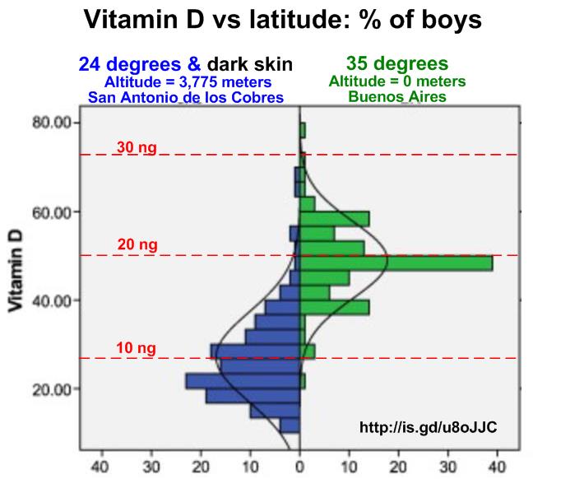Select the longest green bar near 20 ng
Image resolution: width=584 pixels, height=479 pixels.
coord(396,263)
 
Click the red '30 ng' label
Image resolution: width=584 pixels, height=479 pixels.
coord(136,148)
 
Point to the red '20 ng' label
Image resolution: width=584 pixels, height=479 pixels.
coord(136,244)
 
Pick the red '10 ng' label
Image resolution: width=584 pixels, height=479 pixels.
coord(136,347)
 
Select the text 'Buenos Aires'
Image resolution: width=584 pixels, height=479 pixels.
coord(397,96)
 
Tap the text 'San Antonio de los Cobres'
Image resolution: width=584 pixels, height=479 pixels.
coord(185,97)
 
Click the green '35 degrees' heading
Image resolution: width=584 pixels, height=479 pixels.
coord(397,63)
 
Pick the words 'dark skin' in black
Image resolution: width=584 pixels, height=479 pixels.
coord(250,64)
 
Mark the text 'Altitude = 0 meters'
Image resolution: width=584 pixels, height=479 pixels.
coord(397,81)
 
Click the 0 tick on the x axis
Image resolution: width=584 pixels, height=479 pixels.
coord(299,466)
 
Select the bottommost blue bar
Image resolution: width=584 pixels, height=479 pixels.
coord(290,426)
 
